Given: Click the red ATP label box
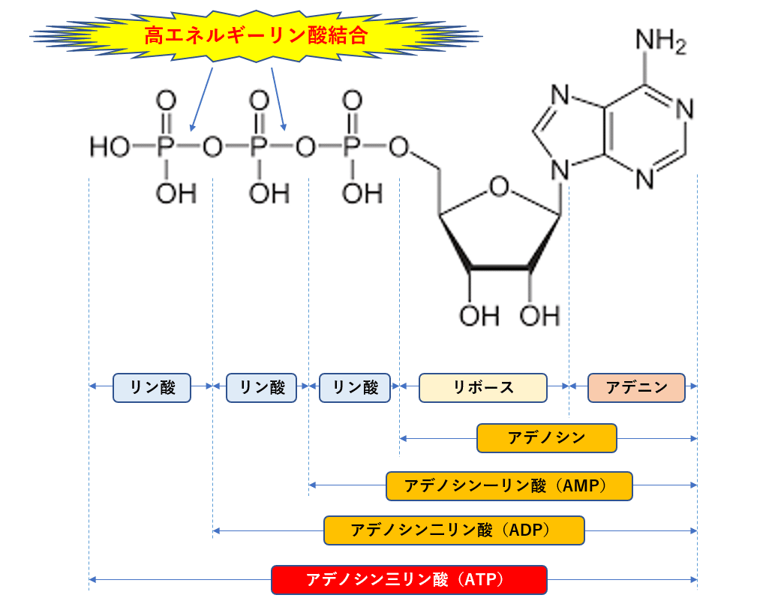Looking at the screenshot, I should click(409, 580).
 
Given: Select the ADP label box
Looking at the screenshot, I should click(454, 530).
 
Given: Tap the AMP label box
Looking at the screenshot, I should click(509, 486).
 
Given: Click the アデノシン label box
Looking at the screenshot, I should click(546, 438).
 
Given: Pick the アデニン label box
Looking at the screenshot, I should click(636, 388).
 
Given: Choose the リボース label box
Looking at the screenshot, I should click(483, 388).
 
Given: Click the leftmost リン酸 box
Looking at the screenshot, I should click(152, 388).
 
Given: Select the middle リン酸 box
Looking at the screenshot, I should click(261, 388).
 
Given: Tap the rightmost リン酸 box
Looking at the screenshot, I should click(355, 388).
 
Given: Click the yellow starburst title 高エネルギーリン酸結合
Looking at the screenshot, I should click(256, 35).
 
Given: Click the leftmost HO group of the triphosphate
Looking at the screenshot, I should click(110, 147).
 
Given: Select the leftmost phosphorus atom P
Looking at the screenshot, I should click(165, 147).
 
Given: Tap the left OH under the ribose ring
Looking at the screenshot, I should click(479, 316).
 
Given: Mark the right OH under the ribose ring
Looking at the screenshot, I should click(539, 316).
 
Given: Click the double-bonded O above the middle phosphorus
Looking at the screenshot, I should click(259, 101).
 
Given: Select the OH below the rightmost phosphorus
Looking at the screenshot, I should click(362, 194).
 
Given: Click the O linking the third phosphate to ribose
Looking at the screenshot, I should click(398, 148).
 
